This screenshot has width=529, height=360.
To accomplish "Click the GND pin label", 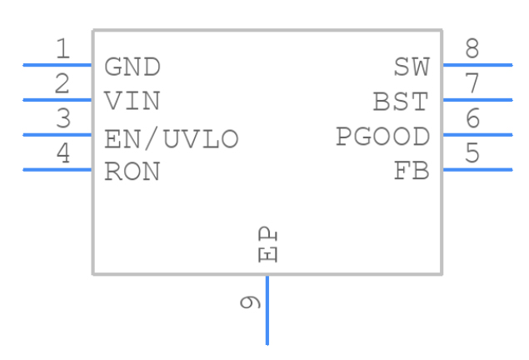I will click(x=132, y=67).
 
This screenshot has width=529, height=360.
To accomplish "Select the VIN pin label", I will click(x=132, y=102).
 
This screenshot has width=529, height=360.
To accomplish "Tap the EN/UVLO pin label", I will click(x=172, y=137).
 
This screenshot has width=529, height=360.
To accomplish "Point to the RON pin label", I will click(x=132, y=172).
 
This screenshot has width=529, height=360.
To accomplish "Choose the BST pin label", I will click(x=401, y=102).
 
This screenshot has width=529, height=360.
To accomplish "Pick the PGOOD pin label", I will click(x=382, y=137).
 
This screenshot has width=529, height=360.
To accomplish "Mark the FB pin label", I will click(x=412, y=172).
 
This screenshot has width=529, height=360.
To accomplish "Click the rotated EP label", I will click(x=267, y=244).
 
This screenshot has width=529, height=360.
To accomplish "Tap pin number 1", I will click(x=62, y=49).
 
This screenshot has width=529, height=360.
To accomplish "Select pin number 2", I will click(x=62, y=84).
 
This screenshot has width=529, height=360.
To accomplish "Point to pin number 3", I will click(x=62, y=119).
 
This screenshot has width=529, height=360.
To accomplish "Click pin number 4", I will click(x=62, y=154).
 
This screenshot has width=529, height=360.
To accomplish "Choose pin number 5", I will click(x=472, y=154).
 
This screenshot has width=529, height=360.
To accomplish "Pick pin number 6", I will click(x=472, y=119).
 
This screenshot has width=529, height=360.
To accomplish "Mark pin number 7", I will click(x=472, y=84).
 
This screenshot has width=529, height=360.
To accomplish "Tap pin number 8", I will click(x=472, y=49).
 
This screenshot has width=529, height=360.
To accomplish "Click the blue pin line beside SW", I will click(x=477, y=64).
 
